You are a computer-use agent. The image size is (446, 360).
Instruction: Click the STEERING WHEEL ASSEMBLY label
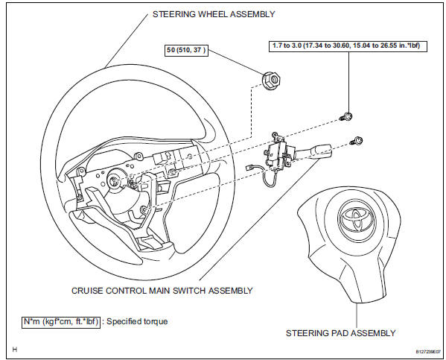[214, 14]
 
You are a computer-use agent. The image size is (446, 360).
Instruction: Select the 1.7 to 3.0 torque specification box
[348, 46]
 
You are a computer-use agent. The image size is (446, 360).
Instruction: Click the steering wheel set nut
[272, 80]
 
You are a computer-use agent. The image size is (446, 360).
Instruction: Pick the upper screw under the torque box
[347, 116]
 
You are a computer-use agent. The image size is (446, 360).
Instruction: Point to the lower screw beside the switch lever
[357, 140]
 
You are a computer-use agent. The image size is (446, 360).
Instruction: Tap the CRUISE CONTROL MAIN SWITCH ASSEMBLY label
[162, 291]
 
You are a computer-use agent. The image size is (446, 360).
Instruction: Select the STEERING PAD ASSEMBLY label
[340, 333]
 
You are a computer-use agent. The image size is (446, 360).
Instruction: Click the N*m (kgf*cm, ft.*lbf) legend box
[61, 322]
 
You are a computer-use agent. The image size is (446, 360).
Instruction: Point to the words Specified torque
[137, 321]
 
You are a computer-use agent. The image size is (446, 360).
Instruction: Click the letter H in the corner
[14, 349]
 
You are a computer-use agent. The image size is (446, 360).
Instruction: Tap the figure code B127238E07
[428, 352]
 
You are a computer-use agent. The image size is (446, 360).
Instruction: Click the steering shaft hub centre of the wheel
[114, 180]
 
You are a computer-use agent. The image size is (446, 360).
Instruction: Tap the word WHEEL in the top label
[213, 14]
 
